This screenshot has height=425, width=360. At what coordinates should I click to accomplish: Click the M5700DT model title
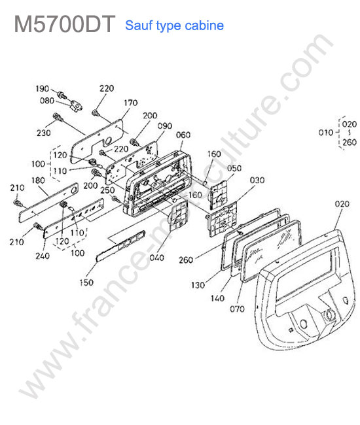click(65, 24)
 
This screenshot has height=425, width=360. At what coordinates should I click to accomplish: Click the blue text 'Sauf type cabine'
click(175, 25)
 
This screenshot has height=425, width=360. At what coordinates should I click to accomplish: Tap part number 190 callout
click(43, 89)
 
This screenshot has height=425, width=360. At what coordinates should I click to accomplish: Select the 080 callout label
click(47, 101)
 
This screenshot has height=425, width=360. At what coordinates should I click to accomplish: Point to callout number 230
click(44, 133)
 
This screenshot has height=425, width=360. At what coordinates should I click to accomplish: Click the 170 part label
click(131, 103)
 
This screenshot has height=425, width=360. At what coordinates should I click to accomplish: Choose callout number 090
click(165, 126)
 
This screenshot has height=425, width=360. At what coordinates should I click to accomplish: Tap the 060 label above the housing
click(183, 135)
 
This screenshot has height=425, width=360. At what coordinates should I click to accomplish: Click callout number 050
click(234, 168)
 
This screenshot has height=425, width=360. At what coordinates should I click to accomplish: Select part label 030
click(257, 180)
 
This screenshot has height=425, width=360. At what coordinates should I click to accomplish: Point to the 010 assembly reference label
click(325, 133)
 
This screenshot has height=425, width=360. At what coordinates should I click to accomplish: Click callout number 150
click(86, 282)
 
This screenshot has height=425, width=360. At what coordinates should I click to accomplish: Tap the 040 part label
click(157, 258)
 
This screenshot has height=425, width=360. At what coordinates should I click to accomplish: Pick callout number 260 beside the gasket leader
click(186, 260)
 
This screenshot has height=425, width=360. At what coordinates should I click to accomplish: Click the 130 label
click(198, 285)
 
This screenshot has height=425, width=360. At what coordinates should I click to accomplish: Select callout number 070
click(237, 309)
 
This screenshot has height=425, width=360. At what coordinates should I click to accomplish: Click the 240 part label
click(43, 256)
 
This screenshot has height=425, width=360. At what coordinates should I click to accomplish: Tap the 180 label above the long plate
click(38, 180)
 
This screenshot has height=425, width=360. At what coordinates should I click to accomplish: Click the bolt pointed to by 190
click(62, 95)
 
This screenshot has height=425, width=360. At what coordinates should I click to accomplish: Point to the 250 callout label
click(107, 190)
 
